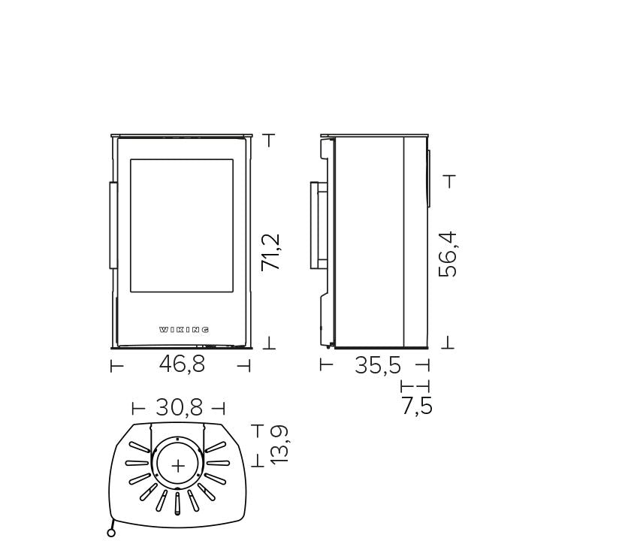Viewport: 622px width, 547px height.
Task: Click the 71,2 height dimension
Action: click(271, 252)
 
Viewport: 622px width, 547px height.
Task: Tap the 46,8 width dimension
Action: click(182, 364)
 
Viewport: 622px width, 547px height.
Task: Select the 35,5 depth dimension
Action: click(378, 365)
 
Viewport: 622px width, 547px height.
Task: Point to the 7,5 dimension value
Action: click(417, 406)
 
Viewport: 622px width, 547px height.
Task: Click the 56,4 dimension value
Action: click(448, 254)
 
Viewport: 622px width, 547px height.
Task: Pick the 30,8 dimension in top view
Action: click(179, 407)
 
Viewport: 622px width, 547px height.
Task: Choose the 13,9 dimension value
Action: click(279, 444)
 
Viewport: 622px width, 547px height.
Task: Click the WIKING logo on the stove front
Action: click(184, 330)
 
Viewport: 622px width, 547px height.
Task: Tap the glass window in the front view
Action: click(182, 225)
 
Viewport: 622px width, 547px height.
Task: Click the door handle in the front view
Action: click(113, 225)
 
